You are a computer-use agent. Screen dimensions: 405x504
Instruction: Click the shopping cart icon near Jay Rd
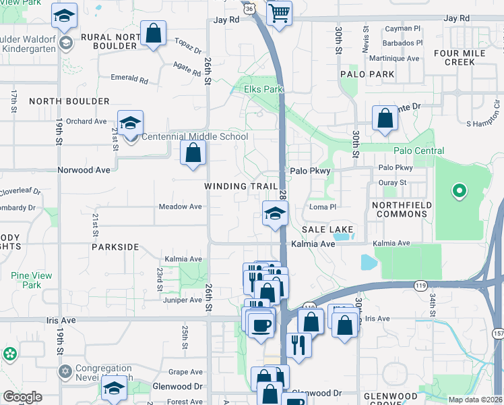279,13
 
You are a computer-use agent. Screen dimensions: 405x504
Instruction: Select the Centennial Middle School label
194,136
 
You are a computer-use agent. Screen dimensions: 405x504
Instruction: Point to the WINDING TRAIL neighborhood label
242,186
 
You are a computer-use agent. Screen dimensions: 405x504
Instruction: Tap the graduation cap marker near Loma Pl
274,215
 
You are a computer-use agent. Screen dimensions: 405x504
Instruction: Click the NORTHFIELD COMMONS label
402,209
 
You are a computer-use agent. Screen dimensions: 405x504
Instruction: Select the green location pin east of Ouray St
459,192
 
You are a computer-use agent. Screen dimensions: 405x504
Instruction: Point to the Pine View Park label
26,280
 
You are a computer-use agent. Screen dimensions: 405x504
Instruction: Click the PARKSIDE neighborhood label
115,247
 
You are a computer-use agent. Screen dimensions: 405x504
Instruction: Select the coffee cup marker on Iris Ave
261,325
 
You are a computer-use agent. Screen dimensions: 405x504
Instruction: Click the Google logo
22,397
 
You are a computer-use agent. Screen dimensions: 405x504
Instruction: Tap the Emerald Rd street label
129,79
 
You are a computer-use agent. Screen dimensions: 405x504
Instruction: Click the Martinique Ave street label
394,59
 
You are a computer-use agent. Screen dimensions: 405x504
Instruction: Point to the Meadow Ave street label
180,207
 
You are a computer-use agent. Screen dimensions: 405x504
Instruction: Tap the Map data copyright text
475,400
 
